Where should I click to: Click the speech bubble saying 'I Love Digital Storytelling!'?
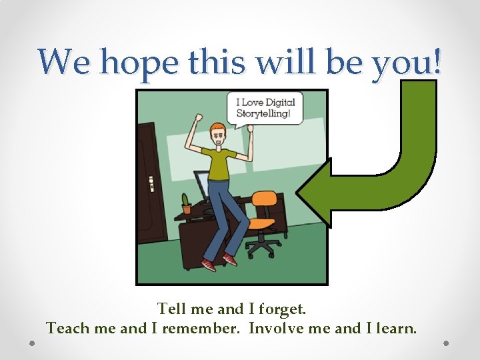point(264,107)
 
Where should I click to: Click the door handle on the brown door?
point(151,181)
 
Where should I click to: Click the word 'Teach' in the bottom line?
point(65,328)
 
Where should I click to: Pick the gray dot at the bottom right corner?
point(446,343)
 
